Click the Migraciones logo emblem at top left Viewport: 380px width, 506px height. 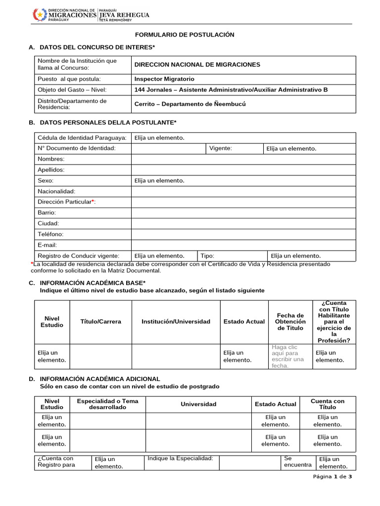[x=39, y=15]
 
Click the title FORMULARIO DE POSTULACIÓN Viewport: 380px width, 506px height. [x=185, y=35]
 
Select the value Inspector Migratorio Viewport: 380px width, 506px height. [x=164, y=79]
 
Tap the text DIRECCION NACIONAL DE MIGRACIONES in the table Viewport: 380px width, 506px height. [x=197, y=65]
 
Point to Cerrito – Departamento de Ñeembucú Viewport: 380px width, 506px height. [x=190, y=104]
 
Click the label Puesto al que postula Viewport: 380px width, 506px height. [x=69, y=79]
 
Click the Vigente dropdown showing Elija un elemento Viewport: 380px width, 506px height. [x=291, y=148]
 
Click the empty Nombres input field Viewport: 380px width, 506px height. [x=243, y=159]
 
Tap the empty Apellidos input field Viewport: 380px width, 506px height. [x=243, y=170]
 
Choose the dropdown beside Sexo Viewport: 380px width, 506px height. [x=159, y=181]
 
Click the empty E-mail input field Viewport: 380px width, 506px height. [x=243, y=245]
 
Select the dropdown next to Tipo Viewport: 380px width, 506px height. [x=295, y=256]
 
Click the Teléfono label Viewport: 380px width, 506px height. [x=50, y=234]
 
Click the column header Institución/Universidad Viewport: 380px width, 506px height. [x=176, y=322]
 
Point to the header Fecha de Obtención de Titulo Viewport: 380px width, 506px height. [x=290, y=322]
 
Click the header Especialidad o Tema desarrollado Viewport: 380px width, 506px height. [x=108, y=404]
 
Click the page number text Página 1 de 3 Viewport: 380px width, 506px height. [x=332, y=477]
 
